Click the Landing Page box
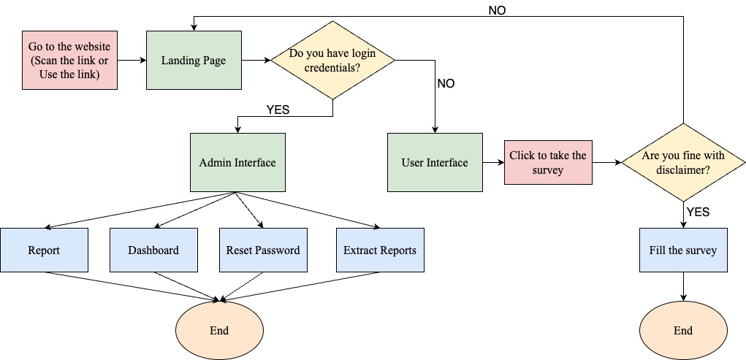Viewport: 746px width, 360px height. point(194,60)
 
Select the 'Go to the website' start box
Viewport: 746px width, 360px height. point(69,60)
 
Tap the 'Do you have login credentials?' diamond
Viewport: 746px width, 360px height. point(332,60)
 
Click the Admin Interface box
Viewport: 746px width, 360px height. point(237,162)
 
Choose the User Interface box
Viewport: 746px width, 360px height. point(435,162)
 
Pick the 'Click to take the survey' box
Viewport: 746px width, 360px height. point(548,162)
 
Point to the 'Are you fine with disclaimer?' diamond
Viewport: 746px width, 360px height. point(683,162)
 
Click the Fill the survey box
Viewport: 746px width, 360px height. point(683,250)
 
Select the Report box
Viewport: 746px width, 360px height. point(44,250)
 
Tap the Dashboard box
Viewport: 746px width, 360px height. point(153,250)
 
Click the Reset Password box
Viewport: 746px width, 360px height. point(263,250)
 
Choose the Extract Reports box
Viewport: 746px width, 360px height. point(380,250)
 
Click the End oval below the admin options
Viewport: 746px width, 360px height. point(219,330)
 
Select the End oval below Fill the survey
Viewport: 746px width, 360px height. point(683,330)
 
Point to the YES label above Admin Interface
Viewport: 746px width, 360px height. point(278,110)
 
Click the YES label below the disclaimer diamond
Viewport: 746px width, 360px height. point(698,212)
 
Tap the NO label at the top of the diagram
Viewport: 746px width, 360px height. point(497,10)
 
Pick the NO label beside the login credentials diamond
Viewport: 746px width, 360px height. point(446,83)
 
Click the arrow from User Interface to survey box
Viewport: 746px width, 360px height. point(493,162)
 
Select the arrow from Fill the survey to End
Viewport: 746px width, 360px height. point(683,286)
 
